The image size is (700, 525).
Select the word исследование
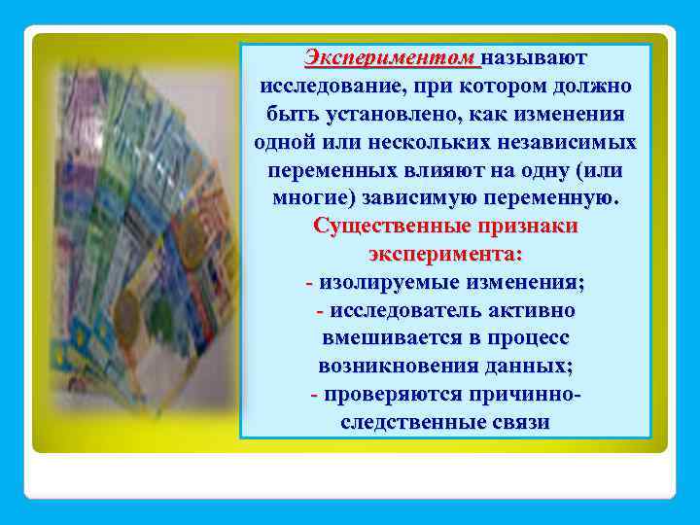[332, 86]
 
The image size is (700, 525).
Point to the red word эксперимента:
[445, 255]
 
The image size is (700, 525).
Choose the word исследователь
[401, 311]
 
